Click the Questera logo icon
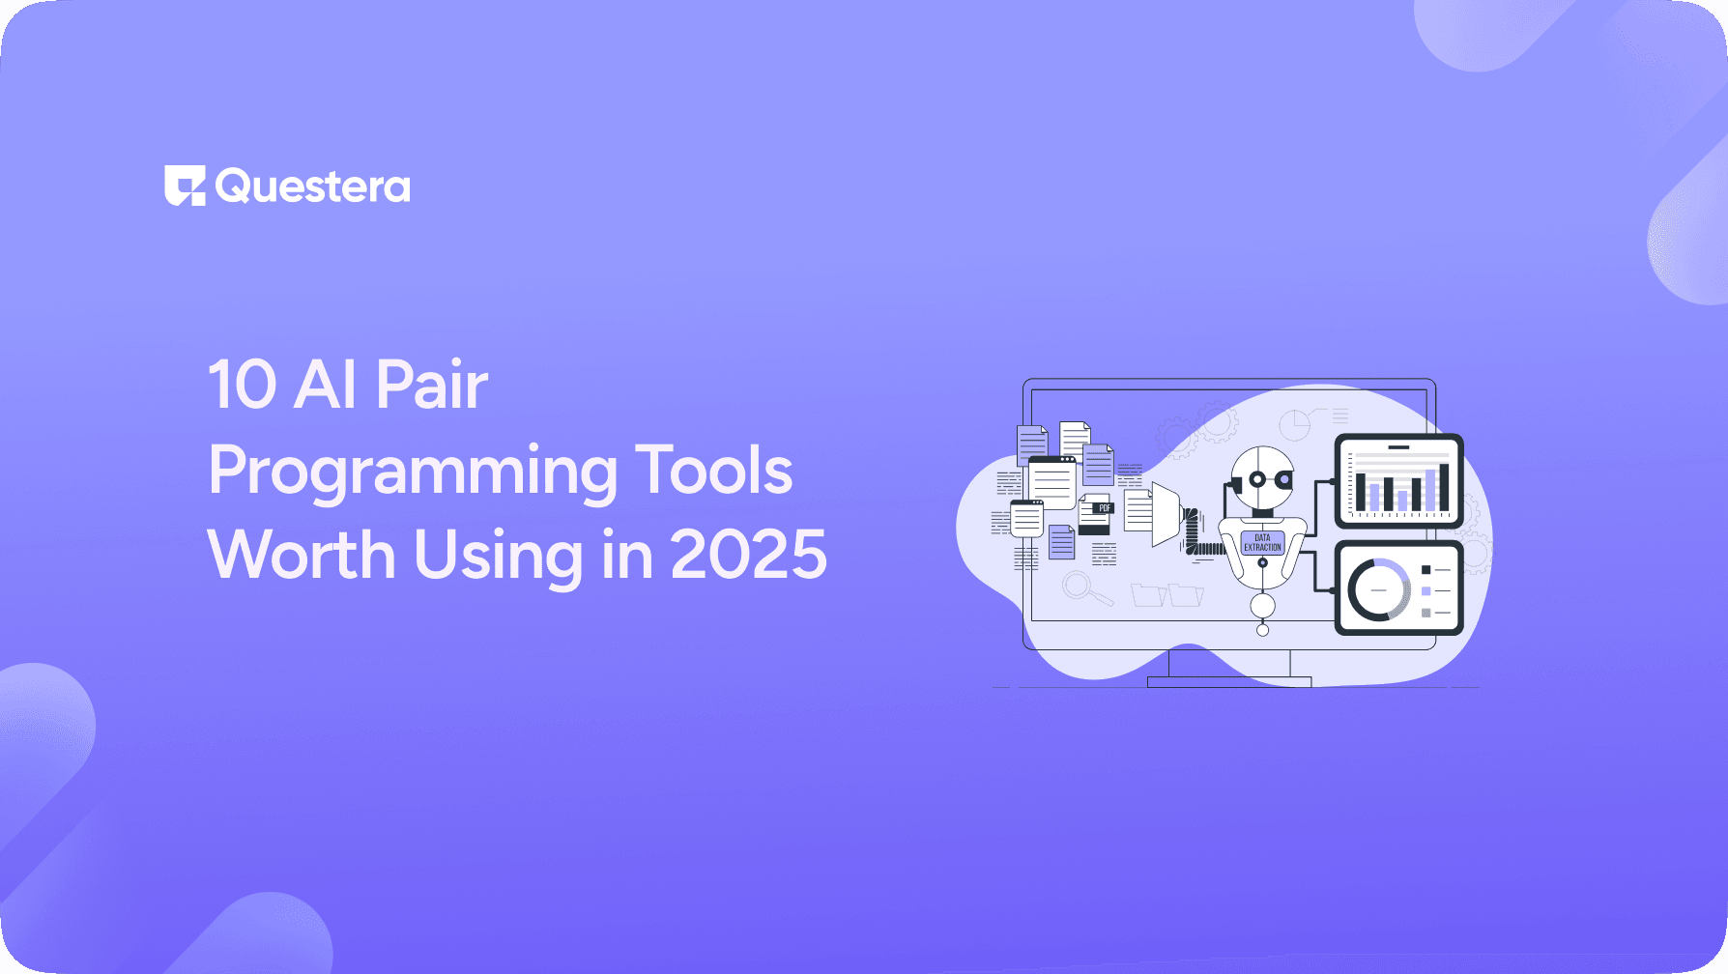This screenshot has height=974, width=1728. click(185, 186)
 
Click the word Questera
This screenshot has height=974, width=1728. click(313, 186)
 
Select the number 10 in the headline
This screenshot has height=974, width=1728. click(243, 385)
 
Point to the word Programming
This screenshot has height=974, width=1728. click(413, 473)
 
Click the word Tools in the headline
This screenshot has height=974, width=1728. click(713, 471)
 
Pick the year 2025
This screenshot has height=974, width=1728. click(748, 556)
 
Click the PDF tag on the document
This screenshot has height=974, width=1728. click(1104, 507)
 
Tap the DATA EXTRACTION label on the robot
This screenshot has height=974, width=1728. click(1262, 543)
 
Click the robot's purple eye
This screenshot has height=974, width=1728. click(1284, 479)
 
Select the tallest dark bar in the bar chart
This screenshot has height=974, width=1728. click(1444, 487)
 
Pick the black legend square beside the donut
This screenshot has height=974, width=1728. click(1426, 570)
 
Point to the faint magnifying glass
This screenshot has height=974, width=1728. click(1080, 587)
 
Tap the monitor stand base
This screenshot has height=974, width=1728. click(1228, 681)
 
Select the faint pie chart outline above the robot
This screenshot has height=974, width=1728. click(1294, 424)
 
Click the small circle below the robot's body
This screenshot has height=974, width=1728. click(1262, 630)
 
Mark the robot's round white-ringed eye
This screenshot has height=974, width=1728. click(1256, 479)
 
